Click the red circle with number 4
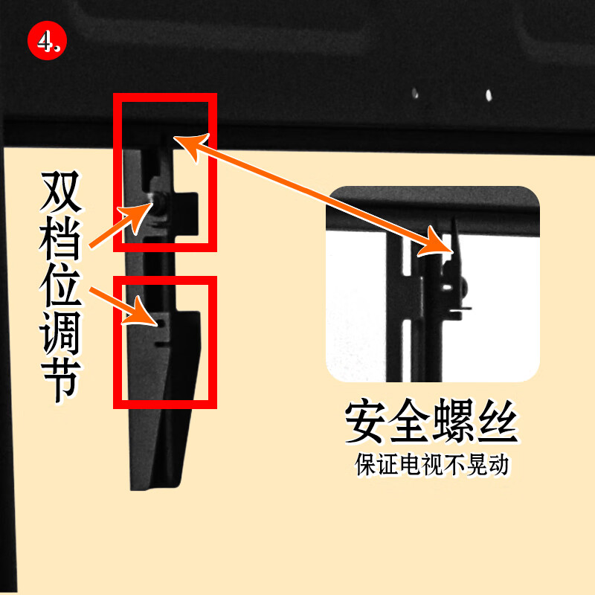47,41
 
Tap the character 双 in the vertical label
61,191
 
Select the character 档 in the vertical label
61,239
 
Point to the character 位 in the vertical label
61,286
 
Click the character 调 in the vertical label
61,332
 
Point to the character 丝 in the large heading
498,421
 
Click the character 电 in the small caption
411,464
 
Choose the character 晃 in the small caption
476,464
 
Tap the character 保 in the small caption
365,464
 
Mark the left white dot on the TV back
415,94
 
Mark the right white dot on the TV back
489,95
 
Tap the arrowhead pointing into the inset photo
437,243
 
